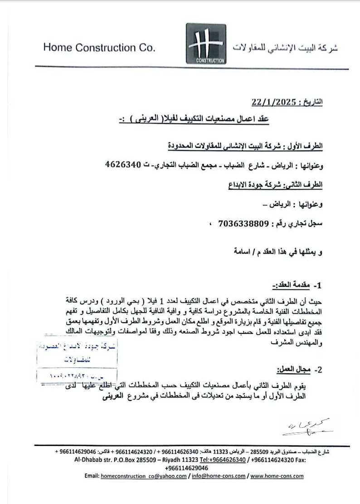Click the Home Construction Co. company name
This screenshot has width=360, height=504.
coord(99,48)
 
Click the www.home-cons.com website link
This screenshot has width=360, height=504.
coord(277,476)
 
